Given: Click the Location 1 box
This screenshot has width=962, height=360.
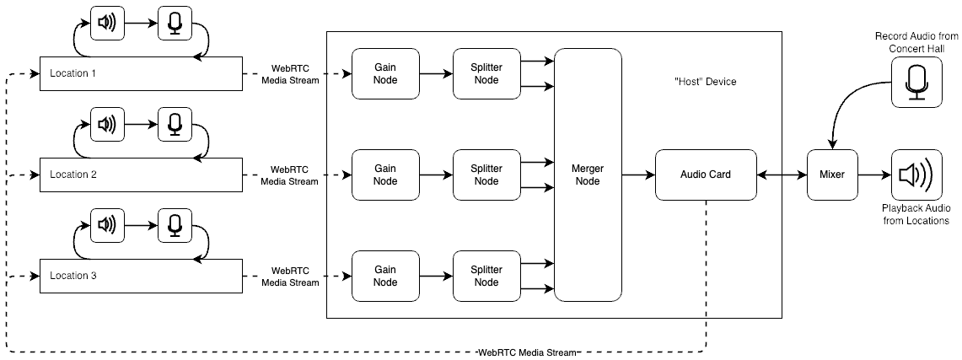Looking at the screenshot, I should coord(141,73).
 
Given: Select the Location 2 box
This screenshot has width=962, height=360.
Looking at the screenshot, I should coord(141,175).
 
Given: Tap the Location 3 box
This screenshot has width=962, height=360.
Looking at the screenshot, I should coord(141,276).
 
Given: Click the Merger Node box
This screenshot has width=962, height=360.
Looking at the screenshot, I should coord(588,175).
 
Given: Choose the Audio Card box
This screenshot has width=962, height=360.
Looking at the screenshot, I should coord(706,175).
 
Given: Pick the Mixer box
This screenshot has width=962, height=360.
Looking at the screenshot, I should coord(832,175).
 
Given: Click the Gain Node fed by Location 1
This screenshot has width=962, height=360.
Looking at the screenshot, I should coord(385,73).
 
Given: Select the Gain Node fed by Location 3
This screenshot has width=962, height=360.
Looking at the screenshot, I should coord(385,276).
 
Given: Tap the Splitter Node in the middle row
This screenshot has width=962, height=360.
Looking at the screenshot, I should coord(486,175).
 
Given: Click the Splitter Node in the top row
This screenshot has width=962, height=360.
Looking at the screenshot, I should coord(486,73).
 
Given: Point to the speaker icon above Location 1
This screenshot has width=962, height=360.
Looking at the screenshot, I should coord(107,24).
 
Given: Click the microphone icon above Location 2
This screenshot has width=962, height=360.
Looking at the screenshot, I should coord(175,125).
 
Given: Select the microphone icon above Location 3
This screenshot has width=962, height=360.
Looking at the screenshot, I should coord(175,226).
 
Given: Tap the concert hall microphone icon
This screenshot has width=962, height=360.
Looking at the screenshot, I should coord(916,83).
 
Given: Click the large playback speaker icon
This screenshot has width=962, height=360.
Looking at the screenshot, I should coord(916,175).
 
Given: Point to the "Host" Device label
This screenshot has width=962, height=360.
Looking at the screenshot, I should coord(706,82).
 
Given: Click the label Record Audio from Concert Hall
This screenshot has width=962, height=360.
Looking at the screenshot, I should coord(916,42).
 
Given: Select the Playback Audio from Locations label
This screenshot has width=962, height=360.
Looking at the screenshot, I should coord(916,214).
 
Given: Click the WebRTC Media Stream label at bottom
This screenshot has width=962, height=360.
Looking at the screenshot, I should coord(526,352).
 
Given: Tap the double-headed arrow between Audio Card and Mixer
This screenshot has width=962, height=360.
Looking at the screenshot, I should coord(782,175).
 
